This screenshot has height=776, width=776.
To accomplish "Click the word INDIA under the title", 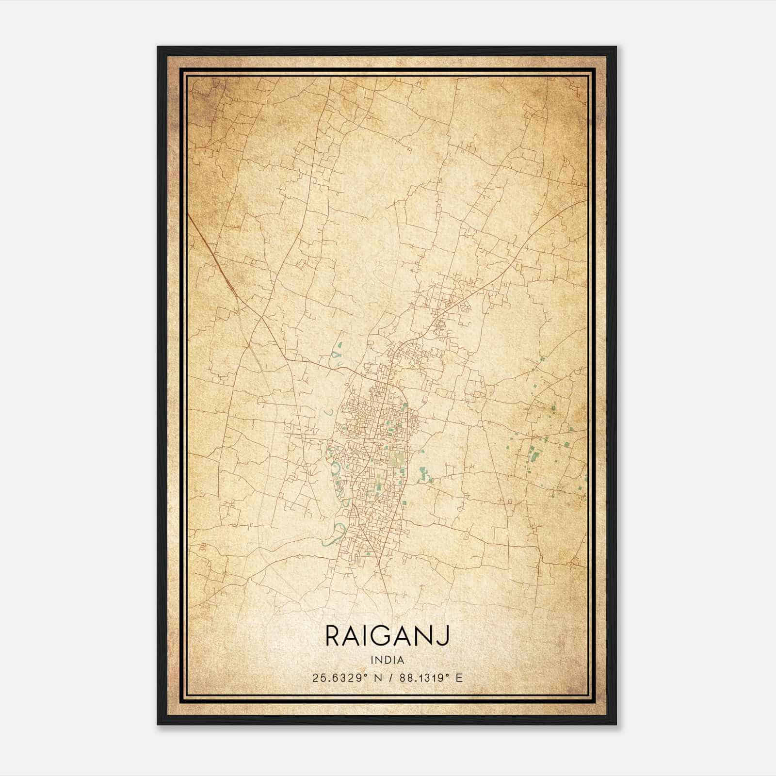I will click(387, 660).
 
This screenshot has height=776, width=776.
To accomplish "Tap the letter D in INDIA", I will click(388, 660).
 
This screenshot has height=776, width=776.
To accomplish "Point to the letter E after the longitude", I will click(459, 678).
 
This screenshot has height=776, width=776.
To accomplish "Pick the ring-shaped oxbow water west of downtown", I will click(335, 468).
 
